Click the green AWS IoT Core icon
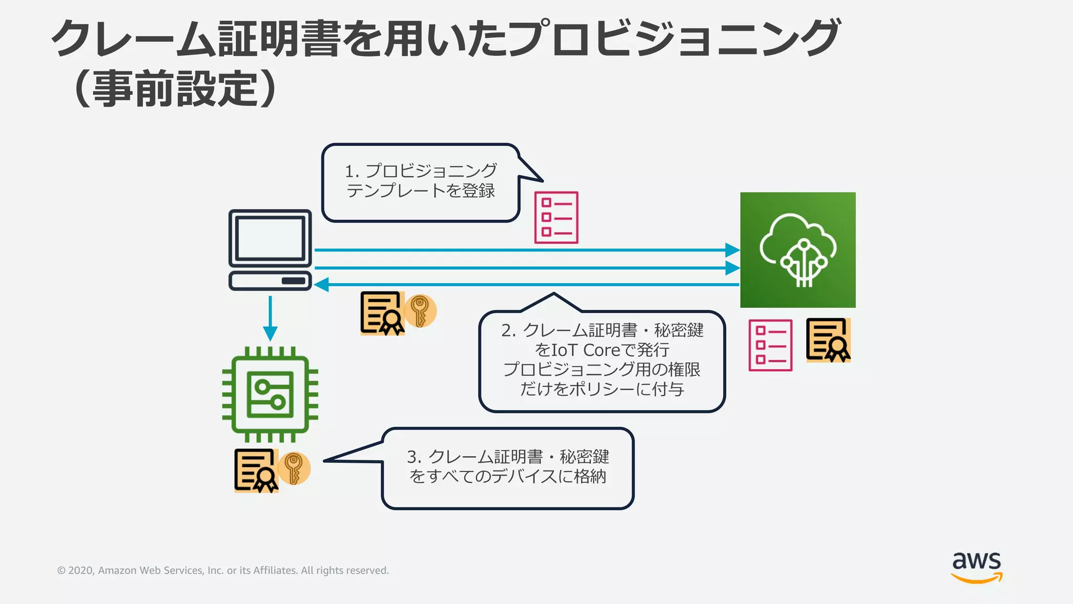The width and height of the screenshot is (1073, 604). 797,250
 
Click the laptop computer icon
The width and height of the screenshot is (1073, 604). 270,250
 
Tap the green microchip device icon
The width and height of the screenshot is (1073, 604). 270,394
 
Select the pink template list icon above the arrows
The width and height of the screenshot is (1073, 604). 556,217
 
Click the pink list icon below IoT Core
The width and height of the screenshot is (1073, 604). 770,345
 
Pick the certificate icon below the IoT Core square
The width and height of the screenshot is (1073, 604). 828,340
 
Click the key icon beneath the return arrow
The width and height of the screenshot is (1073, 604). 420,311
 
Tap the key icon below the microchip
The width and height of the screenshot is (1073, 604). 294,468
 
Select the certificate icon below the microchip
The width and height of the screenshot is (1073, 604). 256,470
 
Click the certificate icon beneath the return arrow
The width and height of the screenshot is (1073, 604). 382,314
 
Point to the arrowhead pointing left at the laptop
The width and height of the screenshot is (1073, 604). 321,285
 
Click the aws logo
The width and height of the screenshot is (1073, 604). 976,567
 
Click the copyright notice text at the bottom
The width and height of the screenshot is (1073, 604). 223,570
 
